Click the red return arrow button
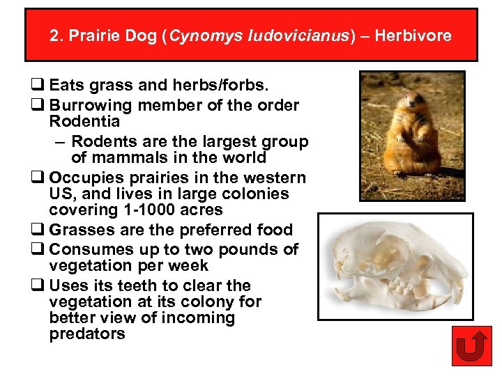pyautogui.click(x=471, y=346)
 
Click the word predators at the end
pyautogui.click(x=87, y=334)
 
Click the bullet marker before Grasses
pyautogui.click(x=36, y=230)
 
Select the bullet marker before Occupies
pyautogui.click(x=36, y=178)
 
